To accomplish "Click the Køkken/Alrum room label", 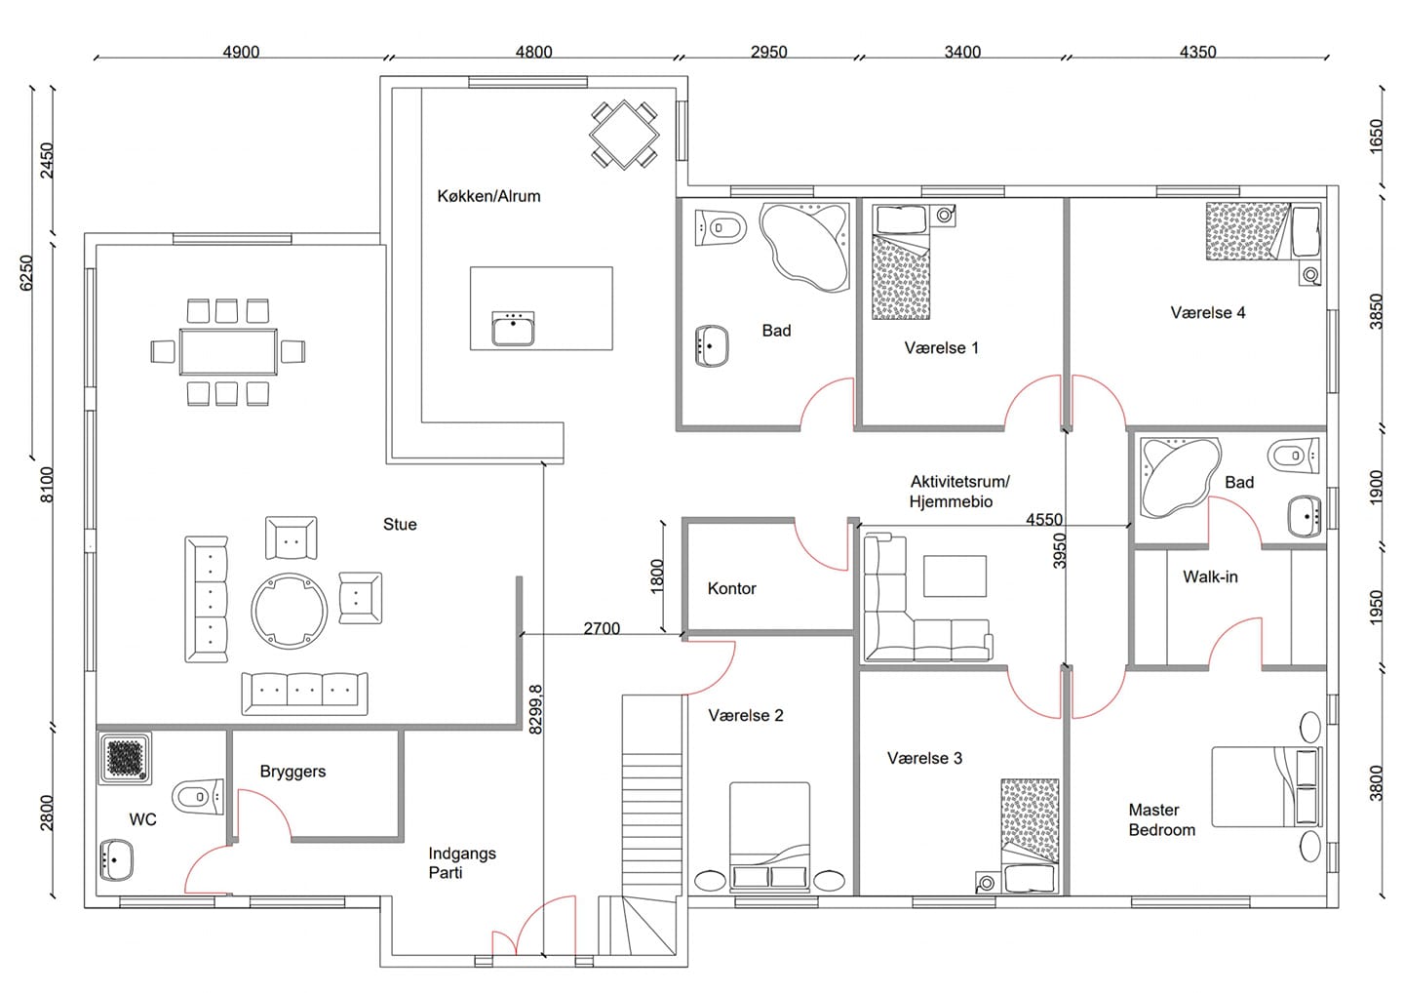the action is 488,196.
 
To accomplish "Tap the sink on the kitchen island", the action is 513,329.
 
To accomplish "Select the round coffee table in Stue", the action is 289,611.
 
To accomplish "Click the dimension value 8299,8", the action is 535,709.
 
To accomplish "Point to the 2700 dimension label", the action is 602,628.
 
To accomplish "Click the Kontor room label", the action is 731,588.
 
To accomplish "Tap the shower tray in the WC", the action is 125,758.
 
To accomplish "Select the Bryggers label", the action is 292,772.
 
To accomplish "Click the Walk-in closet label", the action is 1210,576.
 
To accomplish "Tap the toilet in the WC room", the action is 197,797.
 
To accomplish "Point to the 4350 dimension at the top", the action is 1197,52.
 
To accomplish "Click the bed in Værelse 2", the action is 769,836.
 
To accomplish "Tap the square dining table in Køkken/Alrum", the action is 624,135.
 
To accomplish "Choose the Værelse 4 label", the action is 1208,313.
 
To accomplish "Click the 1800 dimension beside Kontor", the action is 656,576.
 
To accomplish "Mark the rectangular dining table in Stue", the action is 228,352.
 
